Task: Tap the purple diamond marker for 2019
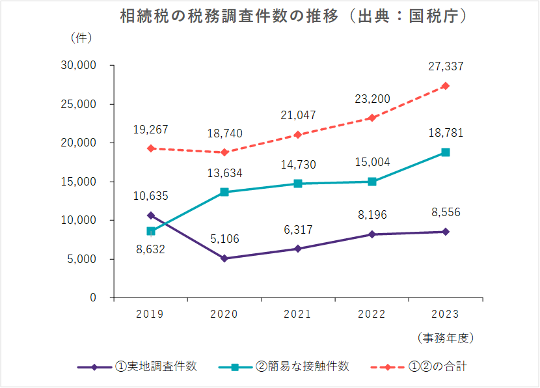pyautogui.click(x=151, y=215)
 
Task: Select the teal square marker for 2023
pyautogui.click(x=446, y=152)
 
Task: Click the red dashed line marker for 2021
pyautogui.click(x=298, y=135)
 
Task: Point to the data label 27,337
pyautogui.click(x=446, y=66)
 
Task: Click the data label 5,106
pyautogui.click(x=224, y=239)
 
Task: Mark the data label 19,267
pyautogui.click(x=151, y=129)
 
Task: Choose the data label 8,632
pyautogui.click(x=151, y=249)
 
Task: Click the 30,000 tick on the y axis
pyautogui.click(x=78, y=66)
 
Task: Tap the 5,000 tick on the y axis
pyautogui.click(x=81, y=259)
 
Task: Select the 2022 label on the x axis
pyautogui.click(x=371, y=314)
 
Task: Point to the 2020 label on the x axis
pyautogui.click(x=224, y=314)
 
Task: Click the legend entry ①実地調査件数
pyautogui.click(x=155, y=367)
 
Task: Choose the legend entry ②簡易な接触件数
pyautogui.click(x=302, y=367)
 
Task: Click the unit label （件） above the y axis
pyautogui.click(x=81, y=38)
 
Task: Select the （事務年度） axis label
pyautogui.click(x=446, y=338)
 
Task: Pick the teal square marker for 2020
pyautogui.click(x=224, y=192)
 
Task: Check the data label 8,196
pyautogui.click(x=371, y=215)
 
